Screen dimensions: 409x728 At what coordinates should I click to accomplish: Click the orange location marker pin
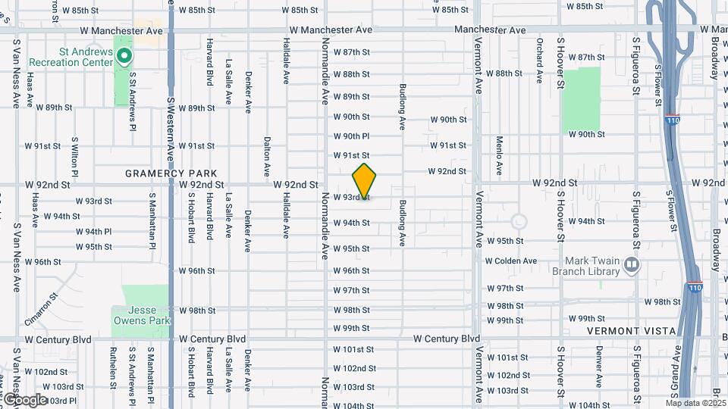click(x=365, y=181)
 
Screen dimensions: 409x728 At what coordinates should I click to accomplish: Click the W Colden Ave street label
click(x=511, y=261)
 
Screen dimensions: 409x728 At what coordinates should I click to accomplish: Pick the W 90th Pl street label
click(x=351, y=136)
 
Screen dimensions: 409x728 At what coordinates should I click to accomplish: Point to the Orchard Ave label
click(x=539, y=61)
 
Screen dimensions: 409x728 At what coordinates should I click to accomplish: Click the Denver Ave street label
click(x=599, y=365)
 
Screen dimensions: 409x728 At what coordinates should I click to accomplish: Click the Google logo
click(x=24, y=399)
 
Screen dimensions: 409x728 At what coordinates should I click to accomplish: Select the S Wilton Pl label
click(x=75, y=154)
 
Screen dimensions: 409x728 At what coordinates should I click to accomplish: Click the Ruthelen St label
click(x=112, y=367)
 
